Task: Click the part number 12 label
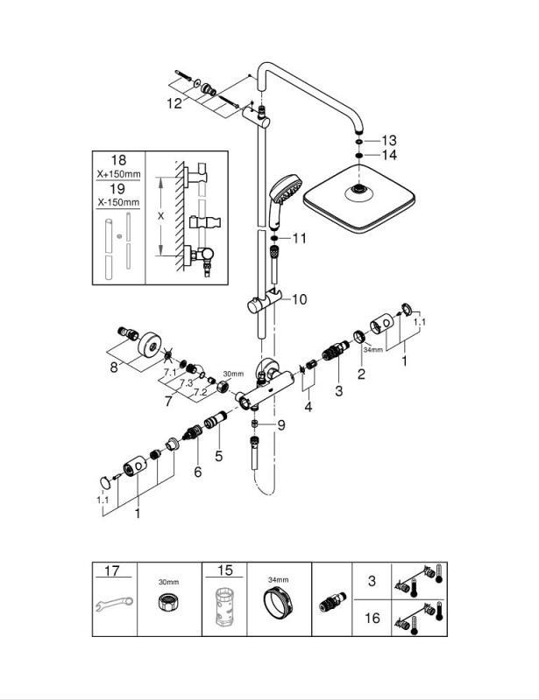click(174, 103)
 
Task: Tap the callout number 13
click(389, 140)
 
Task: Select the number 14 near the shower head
click(389, 155)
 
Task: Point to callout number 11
click(301, 238)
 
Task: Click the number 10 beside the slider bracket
click(300, 299)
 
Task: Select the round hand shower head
click(283, 188)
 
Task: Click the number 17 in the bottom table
click(112, 570)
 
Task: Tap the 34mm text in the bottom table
click(278, 579)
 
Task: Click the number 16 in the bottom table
click(372, 618)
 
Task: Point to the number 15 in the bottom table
click(225, 570)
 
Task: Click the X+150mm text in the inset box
click(117, 175)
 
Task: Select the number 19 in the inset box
click(117, 188)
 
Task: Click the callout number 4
click(308, 407)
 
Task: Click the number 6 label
click(198, 472)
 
